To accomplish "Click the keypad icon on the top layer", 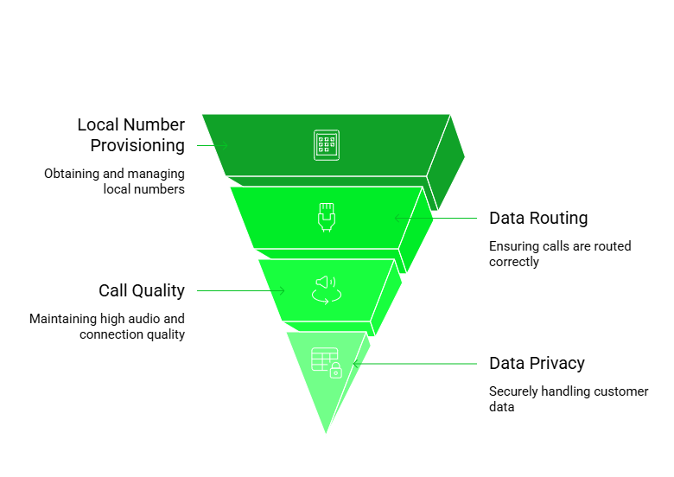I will pyautogui.click(x=326, y=144).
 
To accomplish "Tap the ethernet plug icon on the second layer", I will pyautogui.click(x=326, y=216).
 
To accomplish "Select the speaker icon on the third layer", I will pyautogui.click(x=325, y=282).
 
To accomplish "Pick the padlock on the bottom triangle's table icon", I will pyautogui.click(x=335, y=371).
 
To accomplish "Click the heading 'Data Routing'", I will pyautogui.click(x=538, y=218).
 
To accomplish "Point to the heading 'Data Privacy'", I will pyautogui.click(x=537, y=364).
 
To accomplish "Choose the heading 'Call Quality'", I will pyautogui.click(x=141, y=290).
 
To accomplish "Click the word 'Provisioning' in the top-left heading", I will pyautogui.click(x=137, y=145).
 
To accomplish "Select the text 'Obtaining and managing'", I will pyautogui.click(x=114, y=174).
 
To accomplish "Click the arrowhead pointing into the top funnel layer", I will pyautogui.click(x=223, y=145).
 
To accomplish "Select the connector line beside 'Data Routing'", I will pyautogui.click(x=436, y=218).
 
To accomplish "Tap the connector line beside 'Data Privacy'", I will pyautogui.click(x=415, y=364).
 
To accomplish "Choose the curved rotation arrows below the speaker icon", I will pyautogui.click(x=326, y=296).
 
